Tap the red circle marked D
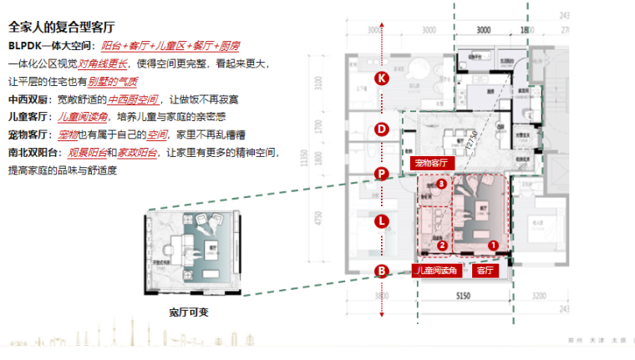point(382,129)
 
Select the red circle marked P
point(382,174)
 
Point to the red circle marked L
point(382,221)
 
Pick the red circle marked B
point(382,271)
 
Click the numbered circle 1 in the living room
point(493,246)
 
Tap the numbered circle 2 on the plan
point(443,246)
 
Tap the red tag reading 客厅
point(485,271)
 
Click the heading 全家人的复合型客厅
point(60,27)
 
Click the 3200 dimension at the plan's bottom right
point(538,295)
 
